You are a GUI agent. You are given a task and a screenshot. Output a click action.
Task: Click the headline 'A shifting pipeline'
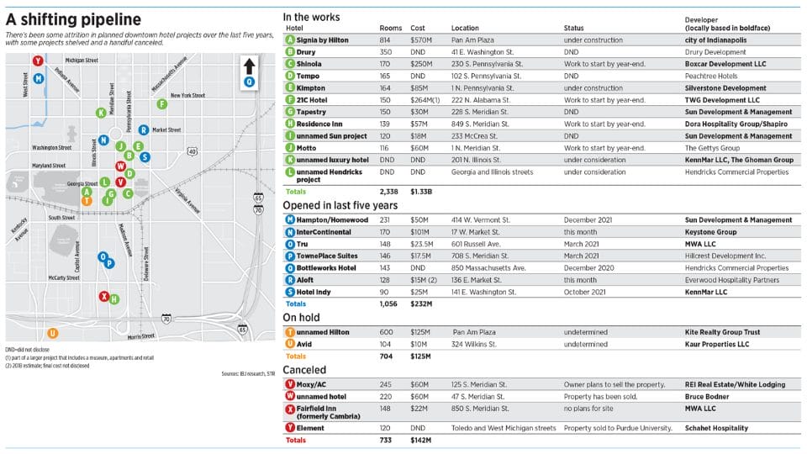74,19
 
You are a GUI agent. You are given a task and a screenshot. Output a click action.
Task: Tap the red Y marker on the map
38,61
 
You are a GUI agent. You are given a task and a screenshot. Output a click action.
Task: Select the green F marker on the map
161,103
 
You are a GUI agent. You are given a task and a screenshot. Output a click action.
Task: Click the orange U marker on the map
52,332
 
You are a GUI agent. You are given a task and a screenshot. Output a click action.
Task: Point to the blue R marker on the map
144,129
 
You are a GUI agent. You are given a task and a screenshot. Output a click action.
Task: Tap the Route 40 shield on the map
193,151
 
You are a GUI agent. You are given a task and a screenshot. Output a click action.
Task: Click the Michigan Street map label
82,61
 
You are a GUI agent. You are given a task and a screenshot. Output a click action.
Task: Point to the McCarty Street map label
63,277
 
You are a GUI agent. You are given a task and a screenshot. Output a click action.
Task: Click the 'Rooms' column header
391,28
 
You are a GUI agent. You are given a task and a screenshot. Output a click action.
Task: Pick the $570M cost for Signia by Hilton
420,40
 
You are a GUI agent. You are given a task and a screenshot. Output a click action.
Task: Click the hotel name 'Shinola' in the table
309,63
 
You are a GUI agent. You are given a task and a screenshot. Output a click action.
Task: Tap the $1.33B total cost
422,191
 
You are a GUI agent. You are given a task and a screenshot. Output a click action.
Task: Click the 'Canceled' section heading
304,369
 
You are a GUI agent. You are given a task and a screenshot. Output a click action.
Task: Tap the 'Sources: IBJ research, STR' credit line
248,372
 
